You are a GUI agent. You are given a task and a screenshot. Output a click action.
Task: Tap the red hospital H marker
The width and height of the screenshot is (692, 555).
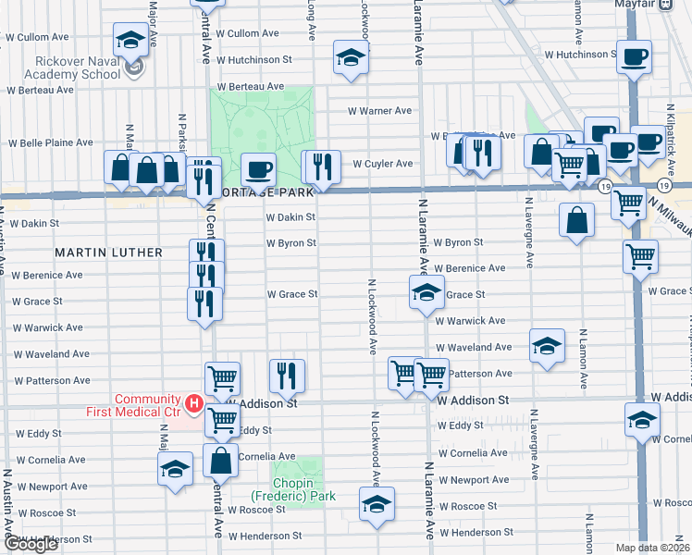(x=194, y=403)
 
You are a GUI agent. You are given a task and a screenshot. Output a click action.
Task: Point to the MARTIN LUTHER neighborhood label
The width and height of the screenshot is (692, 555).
(x=108, y=253)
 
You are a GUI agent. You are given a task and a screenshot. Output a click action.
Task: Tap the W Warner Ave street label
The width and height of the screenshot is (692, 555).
(x=379, y=111)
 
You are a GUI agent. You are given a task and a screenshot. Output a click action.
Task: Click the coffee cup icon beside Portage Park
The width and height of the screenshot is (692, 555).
(x=258, y=169)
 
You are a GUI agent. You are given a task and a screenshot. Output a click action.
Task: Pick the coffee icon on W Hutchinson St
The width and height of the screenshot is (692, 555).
(x=635, y=56)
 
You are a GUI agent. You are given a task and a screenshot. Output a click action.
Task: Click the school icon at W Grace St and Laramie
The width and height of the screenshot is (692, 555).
(x=426, y=293)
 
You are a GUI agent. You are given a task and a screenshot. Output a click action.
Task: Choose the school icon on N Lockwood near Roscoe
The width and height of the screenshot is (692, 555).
(x=377, y=503)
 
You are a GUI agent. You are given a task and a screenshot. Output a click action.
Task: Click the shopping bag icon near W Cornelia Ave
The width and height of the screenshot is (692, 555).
(x=222, y=460)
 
